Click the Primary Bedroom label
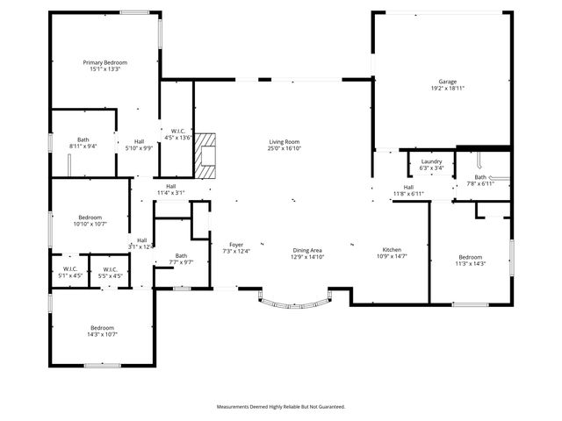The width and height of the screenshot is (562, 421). (x=104, y=66)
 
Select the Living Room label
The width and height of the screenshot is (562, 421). (x=285, y=146)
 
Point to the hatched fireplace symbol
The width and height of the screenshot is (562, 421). (x=205, y=156)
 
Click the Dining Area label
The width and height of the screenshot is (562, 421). (x=308, y=253)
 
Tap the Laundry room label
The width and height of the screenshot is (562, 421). (x=431, y=165)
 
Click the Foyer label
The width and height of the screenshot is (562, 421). (x=236, y=248)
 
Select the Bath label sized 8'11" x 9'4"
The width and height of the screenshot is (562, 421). (x=83, y=143)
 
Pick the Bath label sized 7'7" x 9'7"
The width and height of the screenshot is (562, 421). (x=181, y=259)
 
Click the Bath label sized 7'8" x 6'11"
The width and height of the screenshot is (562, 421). (x=482, y=181)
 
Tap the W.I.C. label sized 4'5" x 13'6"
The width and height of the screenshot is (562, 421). (x=177, y=134)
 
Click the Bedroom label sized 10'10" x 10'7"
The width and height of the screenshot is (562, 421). (x=90, y=220)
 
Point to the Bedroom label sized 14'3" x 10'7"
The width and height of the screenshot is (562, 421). (x=102, y=331)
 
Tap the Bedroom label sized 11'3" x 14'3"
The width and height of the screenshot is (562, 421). (x=470, y=260)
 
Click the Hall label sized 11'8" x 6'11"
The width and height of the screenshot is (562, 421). (x=409, y=190)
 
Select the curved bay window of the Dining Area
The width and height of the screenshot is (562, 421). (x=293, y=303)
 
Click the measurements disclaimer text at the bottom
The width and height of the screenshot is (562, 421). (x=281, y=407)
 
